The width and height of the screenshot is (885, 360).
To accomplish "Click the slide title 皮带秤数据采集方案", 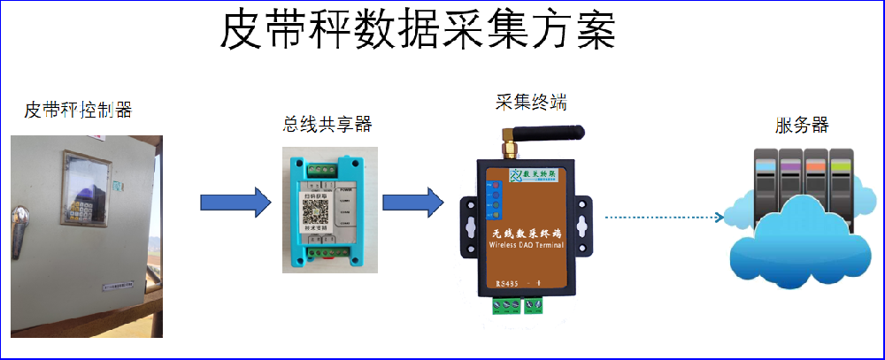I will pos(417,34).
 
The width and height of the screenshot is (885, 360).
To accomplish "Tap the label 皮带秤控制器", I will pos(78,110).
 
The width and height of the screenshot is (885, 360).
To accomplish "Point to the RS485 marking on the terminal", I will pos(507,283).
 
